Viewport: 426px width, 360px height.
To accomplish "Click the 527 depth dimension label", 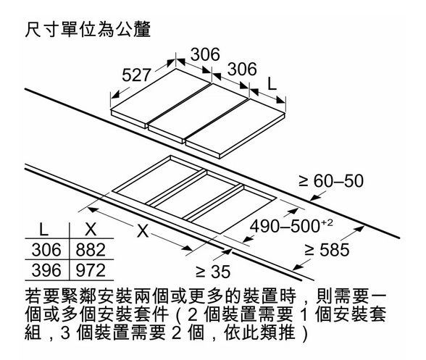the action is tap(136, 75).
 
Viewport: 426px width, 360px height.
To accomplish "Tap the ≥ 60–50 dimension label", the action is tap(331, 181).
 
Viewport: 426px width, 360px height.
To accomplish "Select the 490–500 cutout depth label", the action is tap(285, 226).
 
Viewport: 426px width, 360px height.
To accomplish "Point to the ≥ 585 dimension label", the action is tap(326, 250).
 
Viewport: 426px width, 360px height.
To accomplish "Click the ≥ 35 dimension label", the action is tap(213, 272).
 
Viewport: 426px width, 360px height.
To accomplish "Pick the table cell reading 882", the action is tap(91, 250).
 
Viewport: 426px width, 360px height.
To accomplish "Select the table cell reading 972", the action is tap(91, 270).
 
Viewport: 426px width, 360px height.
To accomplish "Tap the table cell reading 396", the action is tap(46, 270).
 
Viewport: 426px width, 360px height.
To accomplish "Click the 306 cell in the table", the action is tap(46, 250).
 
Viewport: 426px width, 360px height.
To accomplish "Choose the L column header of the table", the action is tap(43, 230).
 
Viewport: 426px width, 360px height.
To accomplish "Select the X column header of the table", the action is tap(91, 230).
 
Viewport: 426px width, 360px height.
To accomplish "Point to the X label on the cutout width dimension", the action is tap(143, 232).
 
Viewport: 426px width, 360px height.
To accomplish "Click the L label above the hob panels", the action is tap(272, 84).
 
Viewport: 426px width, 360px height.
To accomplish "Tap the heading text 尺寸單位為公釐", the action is tap(88, 30).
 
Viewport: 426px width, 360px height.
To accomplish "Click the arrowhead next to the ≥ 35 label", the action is tap(227, 251).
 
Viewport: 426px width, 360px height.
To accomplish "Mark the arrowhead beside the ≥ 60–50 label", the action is tap(314, 198).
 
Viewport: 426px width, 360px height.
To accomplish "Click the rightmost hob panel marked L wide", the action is tap(235, 127).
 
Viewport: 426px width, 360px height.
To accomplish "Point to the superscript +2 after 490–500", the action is tap(327, 223).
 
